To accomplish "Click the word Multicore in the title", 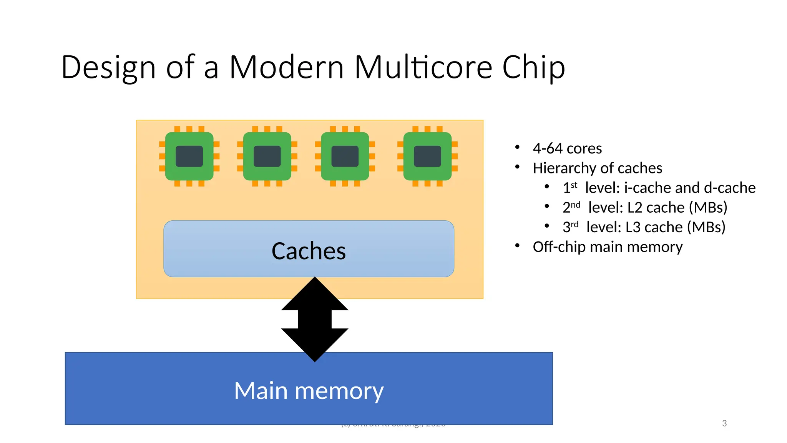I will pos(423,67).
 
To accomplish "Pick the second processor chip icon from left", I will pos(267,156).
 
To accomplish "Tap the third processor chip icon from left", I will pos(345,156).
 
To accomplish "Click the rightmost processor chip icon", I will pos(427,156).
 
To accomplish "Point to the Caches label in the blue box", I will pos(309,251).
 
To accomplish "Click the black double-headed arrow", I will pos(315,319).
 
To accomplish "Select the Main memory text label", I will pos(309,391).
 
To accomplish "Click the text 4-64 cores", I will pos(567,148).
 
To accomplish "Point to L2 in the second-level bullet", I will pos(634,208).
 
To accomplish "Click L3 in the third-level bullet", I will pos(633,227).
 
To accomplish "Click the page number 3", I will pos(724,423).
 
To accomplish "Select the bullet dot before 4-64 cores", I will pos(517,147).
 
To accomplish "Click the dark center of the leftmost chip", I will pos(189,156).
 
